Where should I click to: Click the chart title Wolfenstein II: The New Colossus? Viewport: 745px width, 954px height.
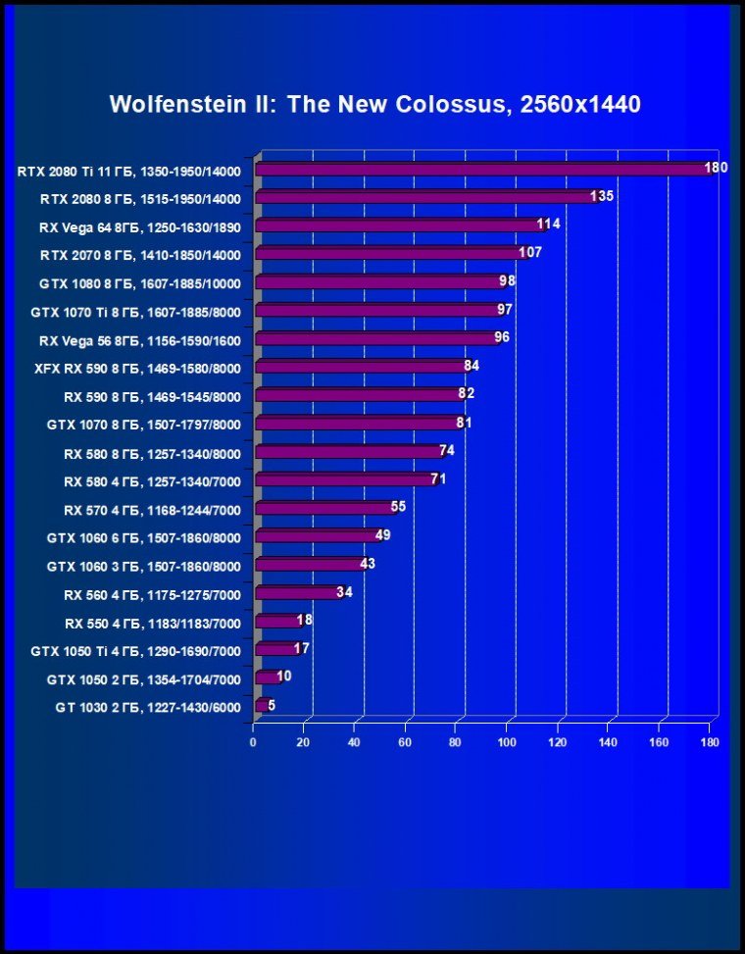(x=374, y=104)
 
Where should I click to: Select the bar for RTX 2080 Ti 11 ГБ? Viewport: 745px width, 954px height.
(x=480, y=170)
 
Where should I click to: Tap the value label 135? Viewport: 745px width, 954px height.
(x=602, y=196)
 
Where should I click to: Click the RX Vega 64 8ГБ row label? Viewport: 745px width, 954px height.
(x=138, y=226)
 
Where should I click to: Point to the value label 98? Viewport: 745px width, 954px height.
(x=507, y=281)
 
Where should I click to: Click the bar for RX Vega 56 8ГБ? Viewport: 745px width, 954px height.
(x=376, y=338)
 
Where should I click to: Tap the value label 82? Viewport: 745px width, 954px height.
(x=466, y=394)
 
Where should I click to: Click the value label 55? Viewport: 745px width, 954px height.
(x=398, y=507)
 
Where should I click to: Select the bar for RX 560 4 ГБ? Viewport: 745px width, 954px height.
(x=298, y=593)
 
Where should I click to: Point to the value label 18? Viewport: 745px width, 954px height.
(x=304, y=620)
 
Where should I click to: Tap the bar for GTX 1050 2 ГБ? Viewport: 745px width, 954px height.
(x=267, y=678)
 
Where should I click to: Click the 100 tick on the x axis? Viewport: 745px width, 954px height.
(x=507, y=742)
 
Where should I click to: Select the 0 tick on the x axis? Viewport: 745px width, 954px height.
(x=253, y=742)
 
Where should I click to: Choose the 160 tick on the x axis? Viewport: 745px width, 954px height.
(x=659, y=742)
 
